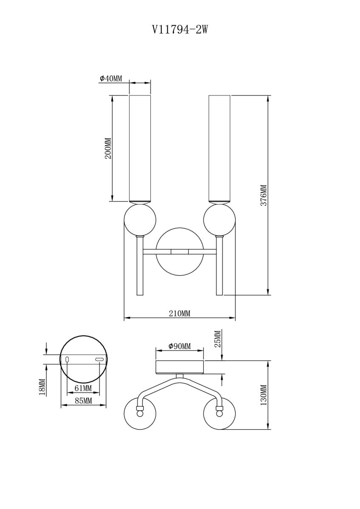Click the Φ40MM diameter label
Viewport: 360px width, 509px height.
coord(111,78)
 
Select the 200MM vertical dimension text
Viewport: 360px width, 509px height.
coord(108,148)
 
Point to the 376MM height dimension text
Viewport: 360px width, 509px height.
coord(263,196)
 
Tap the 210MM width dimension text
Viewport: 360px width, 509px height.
coord(180,313)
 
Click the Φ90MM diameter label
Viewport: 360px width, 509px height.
coord(180,347)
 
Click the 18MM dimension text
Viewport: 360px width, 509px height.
coord(42,387)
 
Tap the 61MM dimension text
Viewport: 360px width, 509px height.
coord(83,388)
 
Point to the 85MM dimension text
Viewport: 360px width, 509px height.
coord(83,400)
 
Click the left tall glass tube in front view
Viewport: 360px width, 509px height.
coord(140,148)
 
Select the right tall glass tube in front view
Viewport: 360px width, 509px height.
coord(219,148)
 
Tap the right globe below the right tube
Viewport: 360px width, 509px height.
coord(219,220)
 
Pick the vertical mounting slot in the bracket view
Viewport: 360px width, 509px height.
coord(67,360)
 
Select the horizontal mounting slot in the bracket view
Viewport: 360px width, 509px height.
coord(100,360)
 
